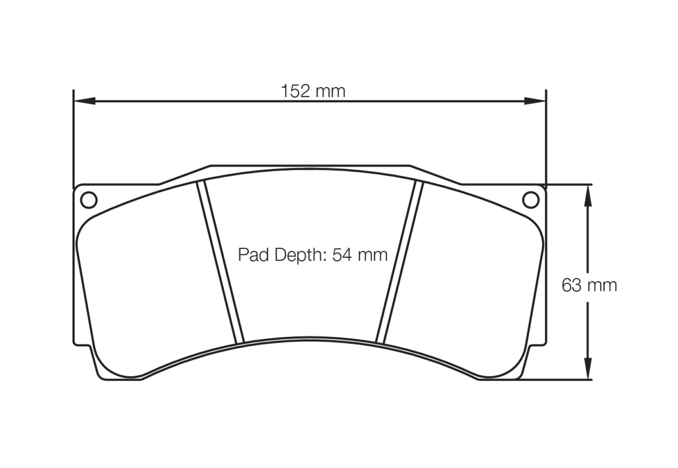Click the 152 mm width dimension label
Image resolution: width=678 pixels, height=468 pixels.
click(313, 91)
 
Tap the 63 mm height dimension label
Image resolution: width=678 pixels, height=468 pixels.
click(589, 285)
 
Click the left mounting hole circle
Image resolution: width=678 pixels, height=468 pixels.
click(89, 200)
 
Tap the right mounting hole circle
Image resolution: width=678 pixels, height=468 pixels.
click(531, 200)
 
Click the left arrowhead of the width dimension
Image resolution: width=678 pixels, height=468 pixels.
click(85, 101)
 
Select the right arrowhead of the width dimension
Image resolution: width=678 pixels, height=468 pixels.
click(535, 101)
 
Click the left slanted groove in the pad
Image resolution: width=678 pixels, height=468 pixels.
click(221, 262)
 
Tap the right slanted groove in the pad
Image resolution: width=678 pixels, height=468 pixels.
click(399, 262)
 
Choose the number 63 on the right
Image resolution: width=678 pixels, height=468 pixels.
click(572, 285)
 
